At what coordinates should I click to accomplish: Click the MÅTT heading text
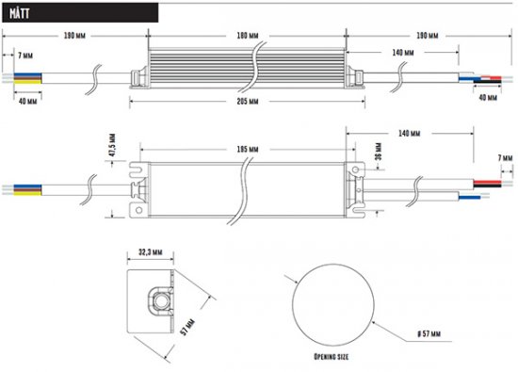[18, 12]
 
